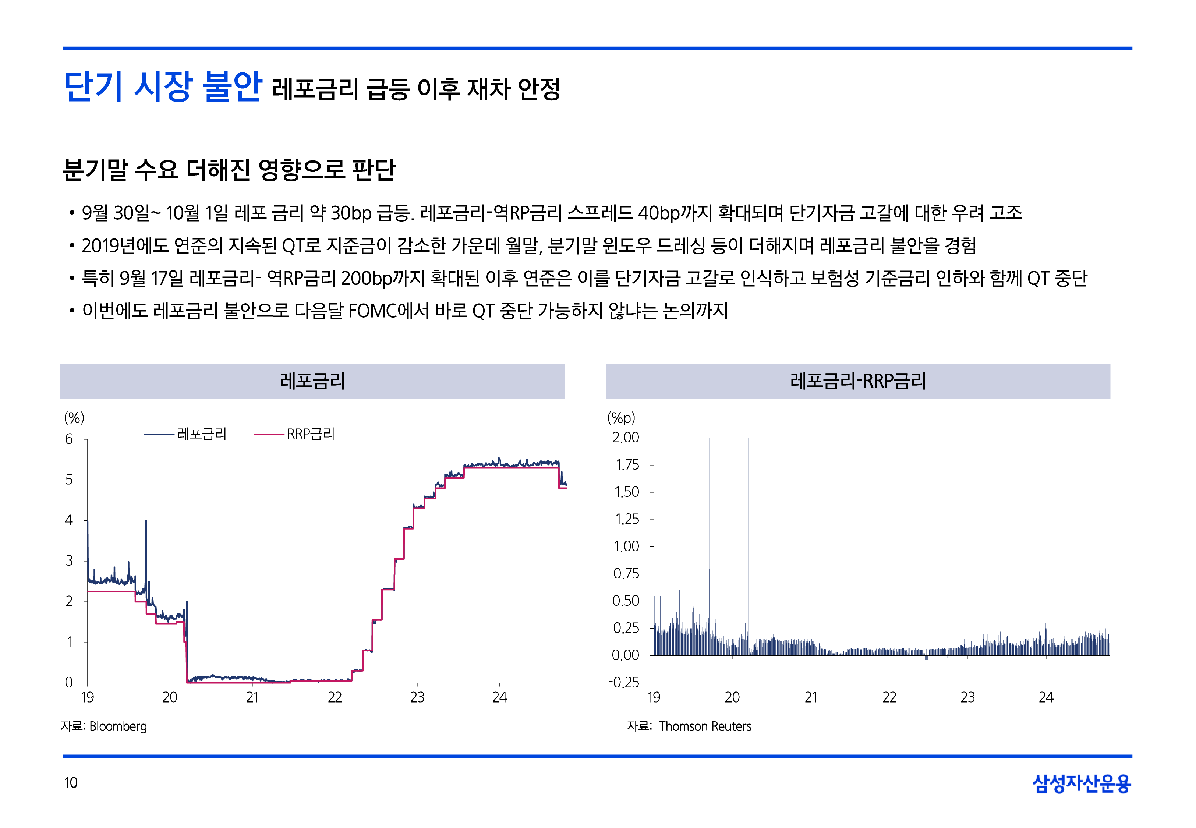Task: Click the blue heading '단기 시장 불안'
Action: tap(162, 86)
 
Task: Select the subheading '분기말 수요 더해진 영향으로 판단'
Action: tap(229, 170)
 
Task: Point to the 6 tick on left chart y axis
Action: tap(69, 439)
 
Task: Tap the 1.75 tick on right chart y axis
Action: tap(627, 465)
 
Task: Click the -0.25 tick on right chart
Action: tap(624, 682)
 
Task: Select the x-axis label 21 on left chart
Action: tap(252, 697)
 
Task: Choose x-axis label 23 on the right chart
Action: tap(967, 697)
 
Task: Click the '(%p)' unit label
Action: tap(621, 418)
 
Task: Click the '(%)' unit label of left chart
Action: tap(74, 418)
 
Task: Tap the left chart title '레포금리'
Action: tap(312, 381)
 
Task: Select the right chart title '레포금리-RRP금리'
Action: tap(858, 381)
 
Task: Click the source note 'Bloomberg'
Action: tap(118, 726)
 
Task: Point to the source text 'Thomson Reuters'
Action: tap(705, 726)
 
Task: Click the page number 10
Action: tap(71, 782)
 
